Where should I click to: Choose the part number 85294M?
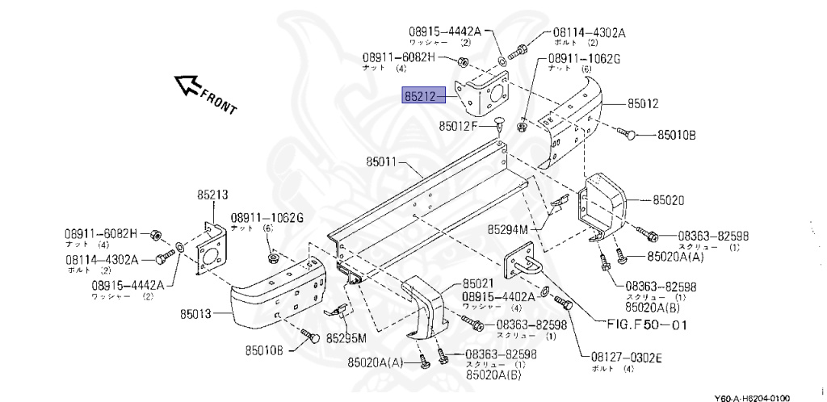507,229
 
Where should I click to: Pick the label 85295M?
346,337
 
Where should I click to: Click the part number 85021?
479,284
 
